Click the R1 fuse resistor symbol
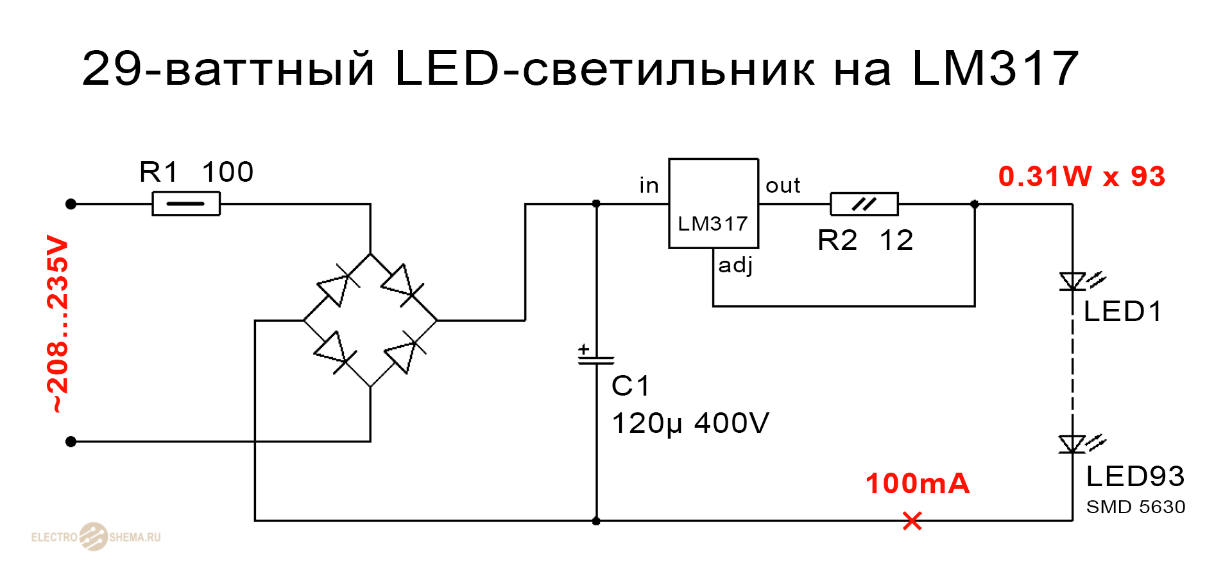[186, 204]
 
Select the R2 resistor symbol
[864, 204]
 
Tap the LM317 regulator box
[714, 204]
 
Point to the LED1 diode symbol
[1073, 282]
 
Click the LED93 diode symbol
[1073, 444]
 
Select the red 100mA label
[917, 484]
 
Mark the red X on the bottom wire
[912, 521]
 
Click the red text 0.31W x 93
[1081, 177]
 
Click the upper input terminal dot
[71, 204]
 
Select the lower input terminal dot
[71, 441]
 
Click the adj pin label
[735, 265]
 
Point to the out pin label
[782, 186]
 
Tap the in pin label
[649, 186]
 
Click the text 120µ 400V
[690, 423]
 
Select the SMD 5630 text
[1135, 507]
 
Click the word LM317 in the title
[995, 68]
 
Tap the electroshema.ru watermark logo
[95, 536]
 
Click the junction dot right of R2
[975, 204]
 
